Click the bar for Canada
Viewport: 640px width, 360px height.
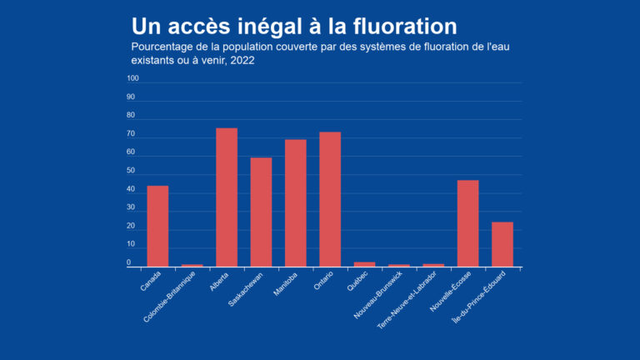tap(157, 226)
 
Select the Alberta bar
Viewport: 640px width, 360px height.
tap(227, 197)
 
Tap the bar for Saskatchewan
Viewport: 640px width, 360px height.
tap(261, 212)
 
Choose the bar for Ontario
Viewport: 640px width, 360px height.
tap(330, 199)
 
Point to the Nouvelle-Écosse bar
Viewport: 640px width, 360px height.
tap(467, 223)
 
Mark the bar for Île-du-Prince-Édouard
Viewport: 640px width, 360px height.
tap(502, 244)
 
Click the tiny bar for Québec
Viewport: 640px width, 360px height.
tap(364, 264)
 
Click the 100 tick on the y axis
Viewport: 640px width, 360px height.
tap(132, 79)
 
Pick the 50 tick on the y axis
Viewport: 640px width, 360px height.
tap(131, 171)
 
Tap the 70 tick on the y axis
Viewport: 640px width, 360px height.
tap(131, 134)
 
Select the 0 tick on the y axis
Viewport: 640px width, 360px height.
tap(129, 262)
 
